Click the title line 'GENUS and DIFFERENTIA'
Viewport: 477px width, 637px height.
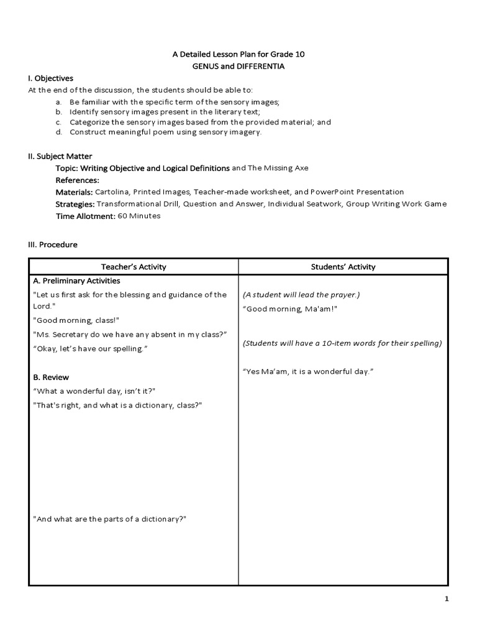pyautogui.click(x=238, y=67)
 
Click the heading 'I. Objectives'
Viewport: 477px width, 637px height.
pyautogui.click(x=50, y=78)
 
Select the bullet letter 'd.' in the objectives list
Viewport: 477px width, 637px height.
pyautogui.click(x=58, y=133)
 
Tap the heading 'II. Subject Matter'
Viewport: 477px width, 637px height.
pyautogui.click(x=60, y=157)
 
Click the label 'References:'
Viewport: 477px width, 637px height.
pyautogui.click(x=76, y=180)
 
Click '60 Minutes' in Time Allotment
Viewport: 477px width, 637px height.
pyautogui.click(x=139, y=216)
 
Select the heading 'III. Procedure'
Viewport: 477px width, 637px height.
pyautogui.click(x=53, y=245)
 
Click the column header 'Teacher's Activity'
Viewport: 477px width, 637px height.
pyautogui.click(x=134, y=267)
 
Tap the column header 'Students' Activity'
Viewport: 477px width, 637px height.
pyautogui.click(x=343, y=267)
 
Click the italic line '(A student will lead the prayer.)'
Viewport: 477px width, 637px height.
pyautogui.click(x=301, y=295)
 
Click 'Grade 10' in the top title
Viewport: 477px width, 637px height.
pyautogui.click(x=289, y=55)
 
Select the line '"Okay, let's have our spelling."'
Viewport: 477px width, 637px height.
pyautogui.click(x=89, y=349)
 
